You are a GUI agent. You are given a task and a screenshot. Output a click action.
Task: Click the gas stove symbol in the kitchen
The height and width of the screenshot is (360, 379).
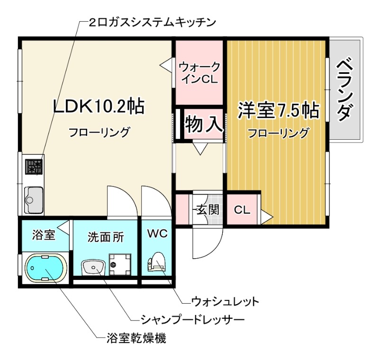pyautogui.click(x=34, y=167)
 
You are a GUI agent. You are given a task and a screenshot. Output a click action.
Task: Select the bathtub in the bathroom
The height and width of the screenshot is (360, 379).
pyautogui.click(x=45, y=268)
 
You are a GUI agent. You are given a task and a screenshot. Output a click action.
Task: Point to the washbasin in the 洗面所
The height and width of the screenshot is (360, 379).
pyautogui.click(x=93, y=268)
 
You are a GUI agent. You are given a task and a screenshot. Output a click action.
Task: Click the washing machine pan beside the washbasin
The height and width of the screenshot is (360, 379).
pyautogui.click(x=120, y=264)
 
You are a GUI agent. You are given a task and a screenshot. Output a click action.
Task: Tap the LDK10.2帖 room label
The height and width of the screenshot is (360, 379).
pyautogui.click(x=99, y=106)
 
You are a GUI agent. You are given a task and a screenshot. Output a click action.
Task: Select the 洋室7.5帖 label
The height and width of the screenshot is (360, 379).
pyautogui.click(x=279, y=110)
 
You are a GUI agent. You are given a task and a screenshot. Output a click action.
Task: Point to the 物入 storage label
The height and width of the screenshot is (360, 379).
pyautogui.click(x=203, y=124)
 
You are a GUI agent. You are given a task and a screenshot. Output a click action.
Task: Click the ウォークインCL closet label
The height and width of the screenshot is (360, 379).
pyautogui.click(x=199, y=73)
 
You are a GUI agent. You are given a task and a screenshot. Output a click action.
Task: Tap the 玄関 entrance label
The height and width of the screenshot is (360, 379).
pyautogui.click(x=208, y=209)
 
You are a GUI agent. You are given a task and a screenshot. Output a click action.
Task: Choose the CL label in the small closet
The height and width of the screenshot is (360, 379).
pyautogui.click(x=242, y=210)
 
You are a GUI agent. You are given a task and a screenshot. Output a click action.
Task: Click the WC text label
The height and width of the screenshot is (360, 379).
pyautogui.click(x=157, y=234)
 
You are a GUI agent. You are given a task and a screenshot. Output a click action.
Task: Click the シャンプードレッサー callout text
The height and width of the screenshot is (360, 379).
pyautogui.click(x=192, y=320)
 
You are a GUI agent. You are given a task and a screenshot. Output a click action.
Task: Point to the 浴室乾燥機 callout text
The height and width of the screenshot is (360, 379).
pyautogui.click(x=136, y=338)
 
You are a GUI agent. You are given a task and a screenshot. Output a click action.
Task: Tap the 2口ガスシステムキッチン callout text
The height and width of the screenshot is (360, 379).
pyautogui.click(x=152, y=22)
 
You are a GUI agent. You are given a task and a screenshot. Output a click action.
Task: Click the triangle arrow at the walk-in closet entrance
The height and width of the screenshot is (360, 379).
pyautogui.click(x=166, y=64)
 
